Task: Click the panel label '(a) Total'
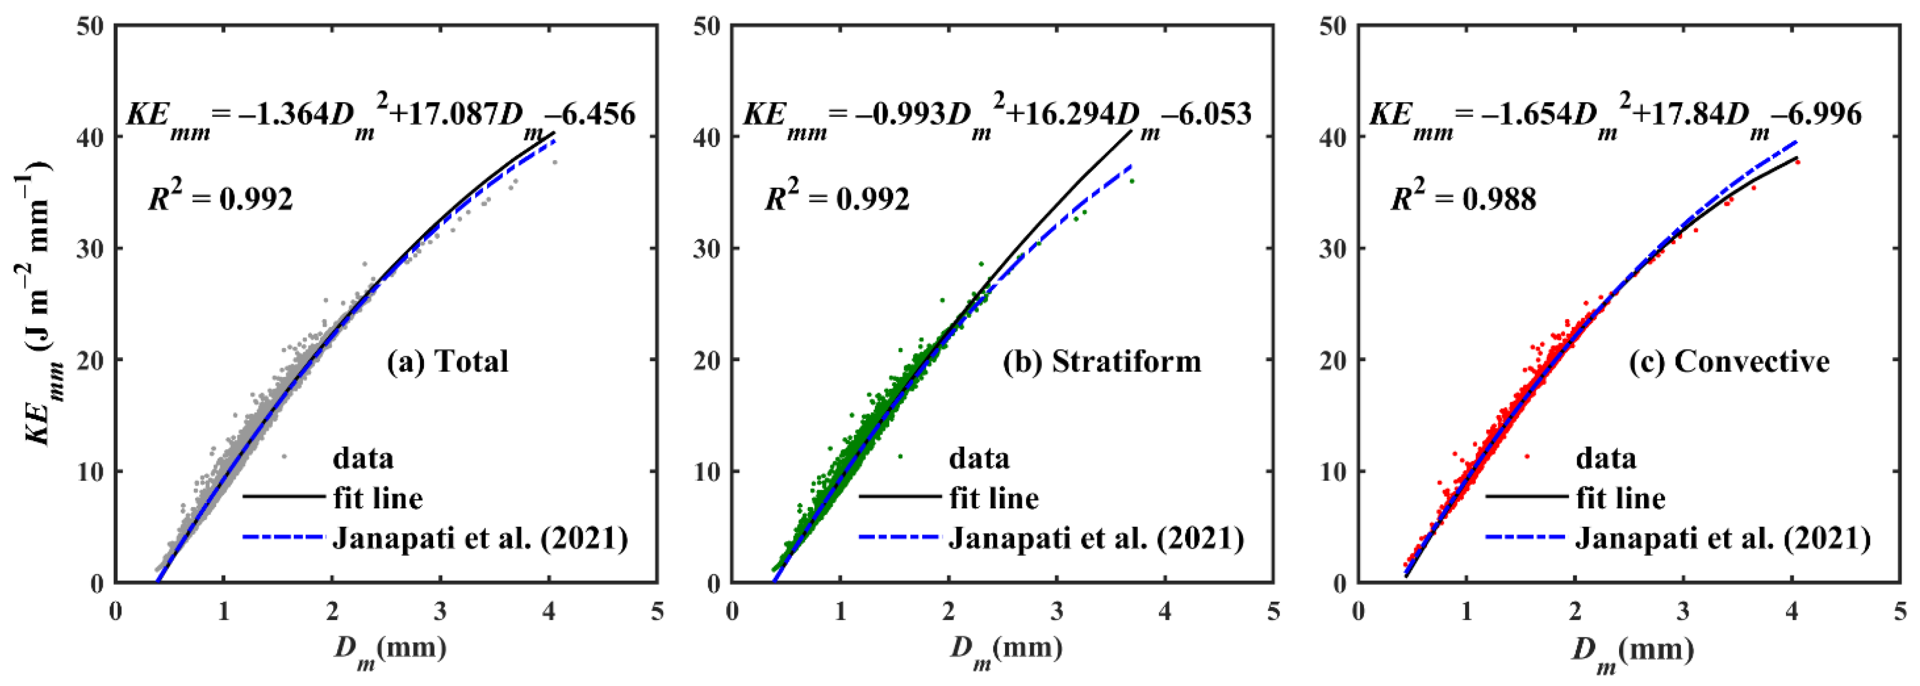click(447, 361)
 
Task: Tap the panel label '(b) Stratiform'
click(1102, 361)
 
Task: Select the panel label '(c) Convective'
click(1729, 361)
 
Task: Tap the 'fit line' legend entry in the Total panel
click(378, 498)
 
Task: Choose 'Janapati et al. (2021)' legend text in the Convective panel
click(1722, 538)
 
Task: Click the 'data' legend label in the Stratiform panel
click(979, 457)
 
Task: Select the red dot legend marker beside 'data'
click(1527, 456)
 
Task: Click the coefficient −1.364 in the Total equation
click(283, 114)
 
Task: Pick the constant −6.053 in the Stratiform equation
click(1208, 114)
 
